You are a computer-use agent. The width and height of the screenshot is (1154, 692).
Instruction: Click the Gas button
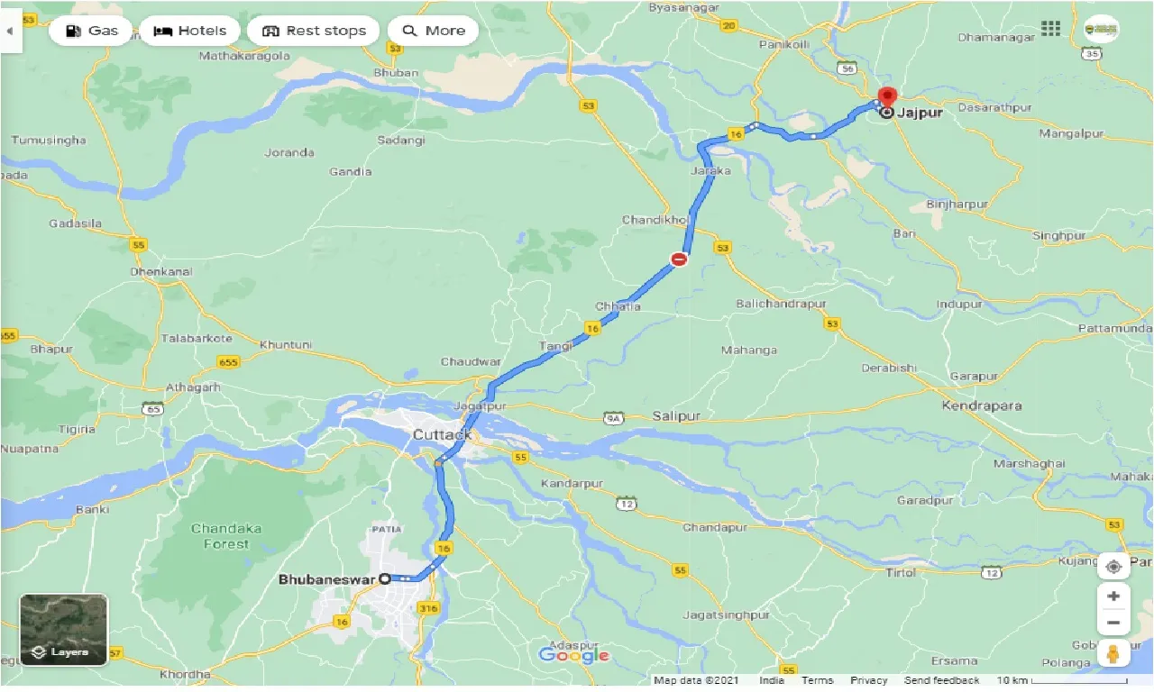[x=90, y=31]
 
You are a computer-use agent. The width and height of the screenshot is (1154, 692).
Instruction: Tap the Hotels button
[x=189, y=31]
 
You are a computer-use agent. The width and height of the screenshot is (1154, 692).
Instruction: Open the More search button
[x=433, y=31]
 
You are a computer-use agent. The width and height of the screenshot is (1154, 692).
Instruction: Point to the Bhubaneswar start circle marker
[x=385, y=578]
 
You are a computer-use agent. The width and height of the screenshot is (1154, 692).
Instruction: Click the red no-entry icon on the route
[x=679, y=259]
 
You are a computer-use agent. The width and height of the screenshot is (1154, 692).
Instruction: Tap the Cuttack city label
[x=442, y=435]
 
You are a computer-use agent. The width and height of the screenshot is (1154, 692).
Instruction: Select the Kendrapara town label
[x=981, y=405]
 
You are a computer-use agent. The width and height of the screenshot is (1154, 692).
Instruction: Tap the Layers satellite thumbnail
[x=63, y=629]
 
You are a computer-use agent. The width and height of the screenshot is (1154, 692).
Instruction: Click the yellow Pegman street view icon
[x=1113, y=653]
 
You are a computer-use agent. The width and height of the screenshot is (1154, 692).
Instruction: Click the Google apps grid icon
[x=1050, y=29]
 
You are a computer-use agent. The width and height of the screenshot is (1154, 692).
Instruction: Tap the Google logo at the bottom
[x=573, y=655]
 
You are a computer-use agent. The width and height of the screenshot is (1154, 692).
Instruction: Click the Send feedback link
[x=941, y=680]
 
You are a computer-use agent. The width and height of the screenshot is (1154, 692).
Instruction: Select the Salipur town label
[x=675, y=416]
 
